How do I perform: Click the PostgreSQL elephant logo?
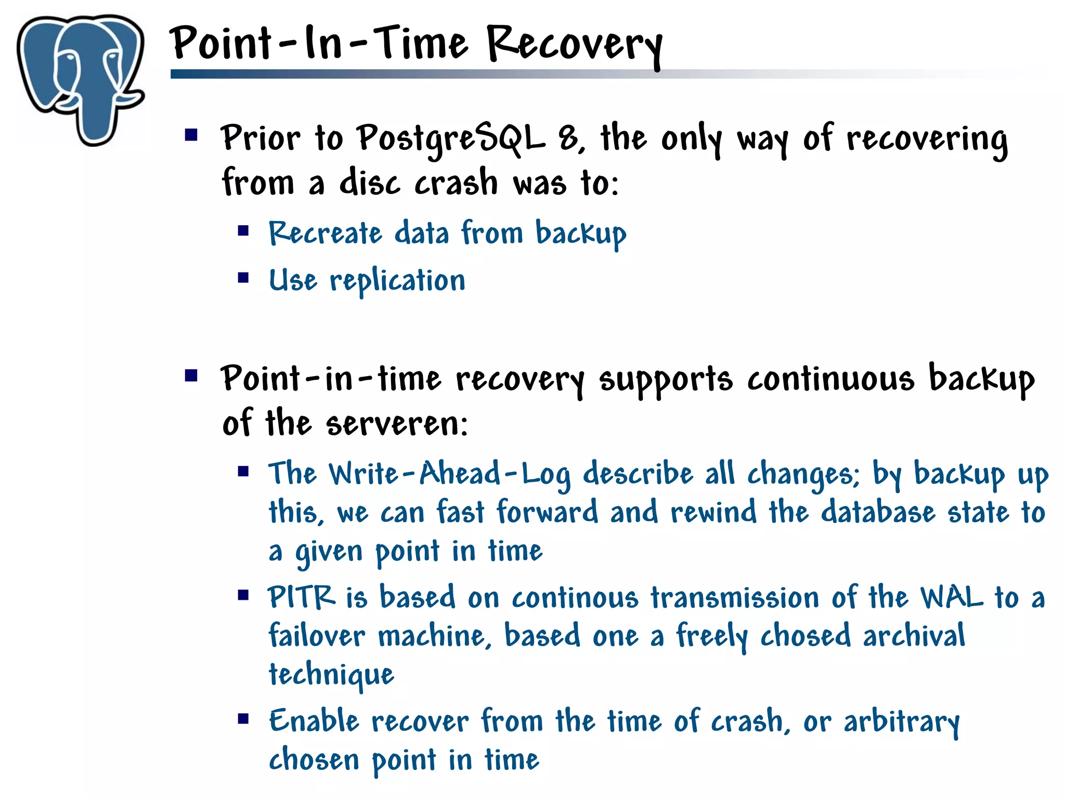81,78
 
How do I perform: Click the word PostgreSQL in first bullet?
451,139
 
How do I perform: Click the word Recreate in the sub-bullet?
325,233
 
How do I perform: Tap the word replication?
397,281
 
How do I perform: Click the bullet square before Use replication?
243,278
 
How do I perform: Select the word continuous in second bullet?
830,379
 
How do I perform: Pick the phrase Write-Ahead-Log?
450,474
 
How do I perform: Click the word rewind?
713,512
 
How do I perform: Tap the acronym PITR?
301,597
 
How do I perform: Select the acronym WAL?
951,597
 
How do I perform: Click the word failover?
317,636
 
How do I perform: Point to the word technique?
331,675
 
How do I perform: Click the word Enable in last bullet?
314,722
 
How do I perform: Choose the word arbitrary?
901,722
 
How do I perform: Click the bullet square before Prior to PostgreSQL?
191,136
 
